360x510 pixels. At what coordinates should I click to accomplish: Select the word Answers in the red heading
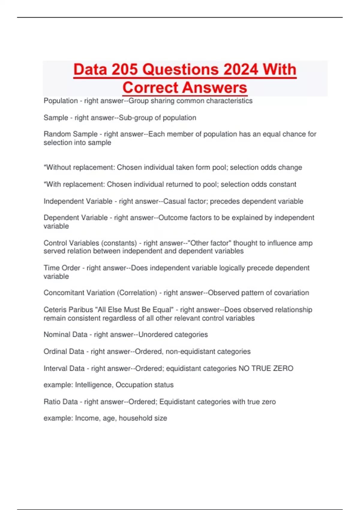click(x=214, y=88)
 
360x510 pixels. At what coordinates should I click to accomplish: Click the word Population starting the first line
click(x=61, y=101)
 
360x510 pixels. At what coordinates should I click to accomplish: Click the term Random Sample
click(x=70, y=134)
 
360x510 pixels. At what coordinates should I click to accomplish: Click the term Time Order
click(x=62, y=268)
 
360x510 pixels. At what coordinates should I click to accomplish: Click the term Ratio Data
click(x=61, y=402)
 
